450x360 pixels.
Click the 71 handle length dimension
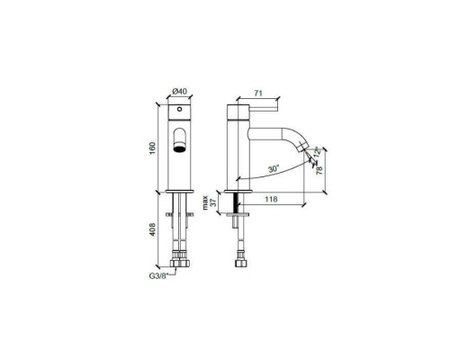tap(260, 92)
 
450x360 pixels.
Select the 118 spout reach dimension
tap(268, 201)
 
